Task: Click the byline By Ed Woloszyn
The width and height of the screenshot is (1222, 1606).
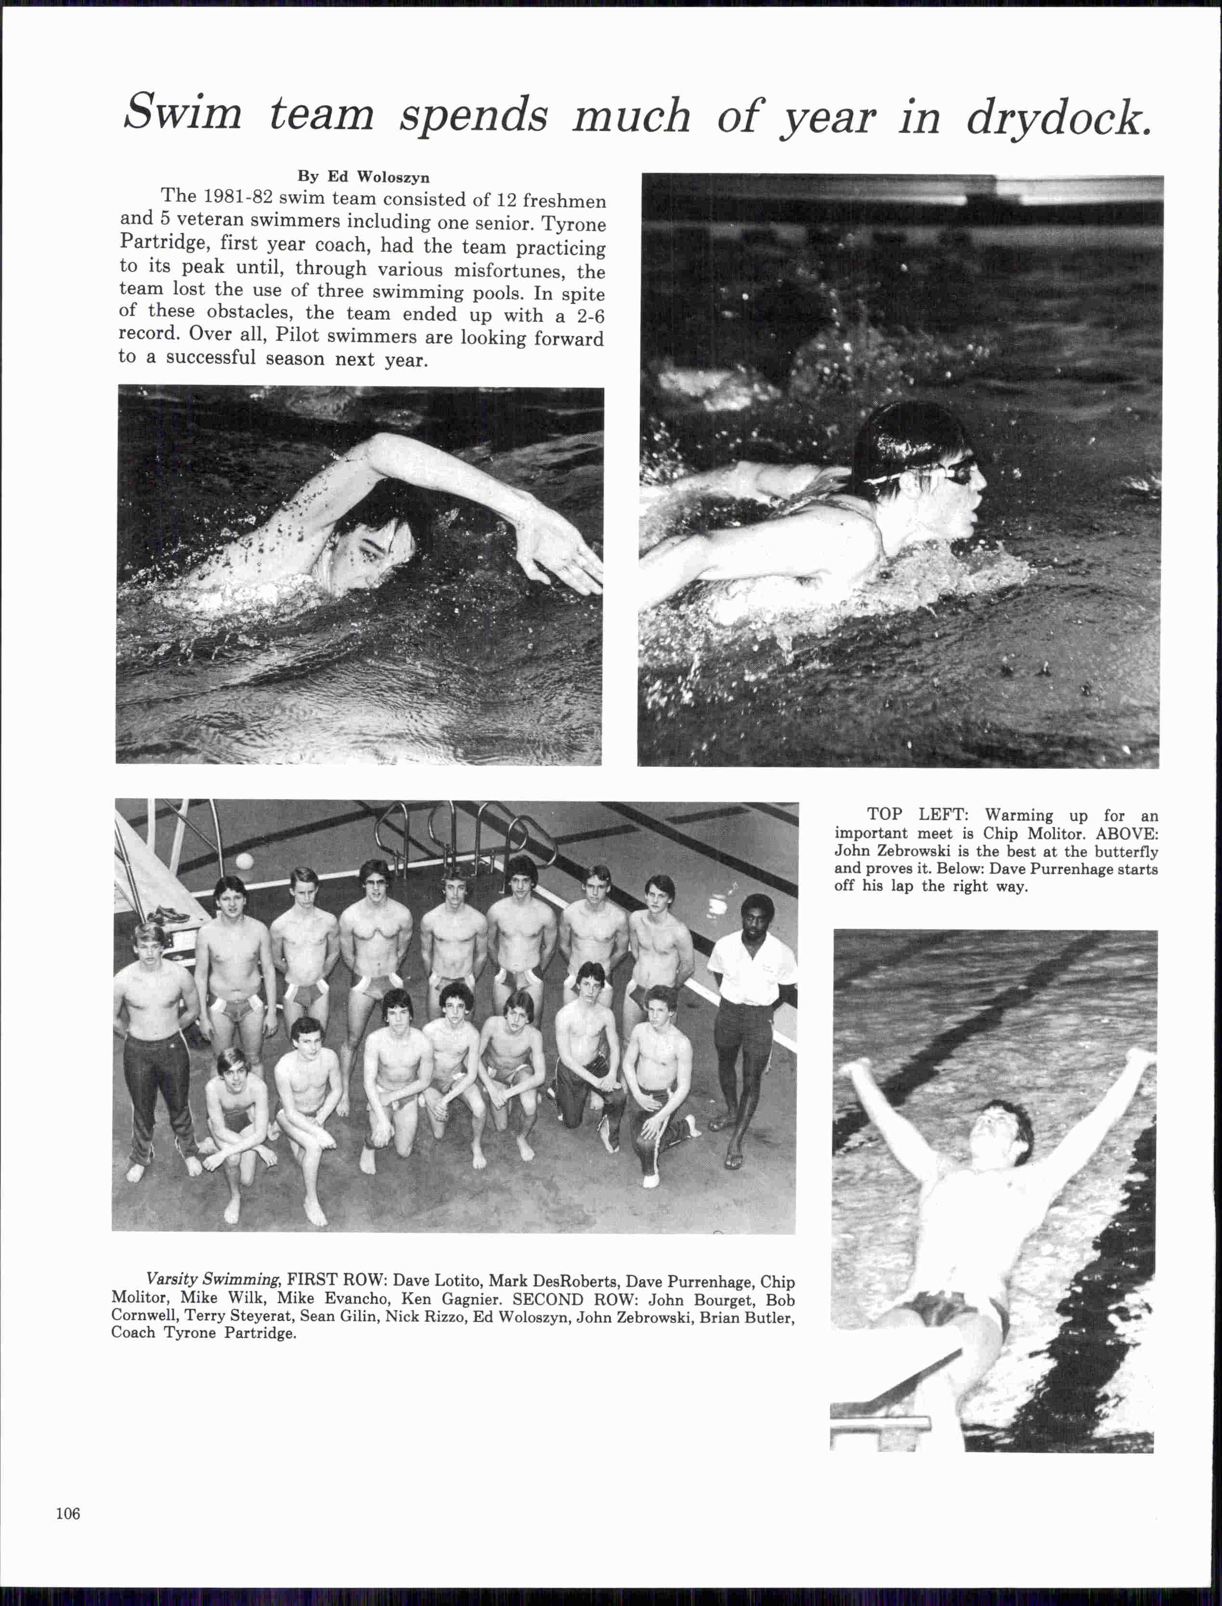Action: (x=363, y=176)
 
